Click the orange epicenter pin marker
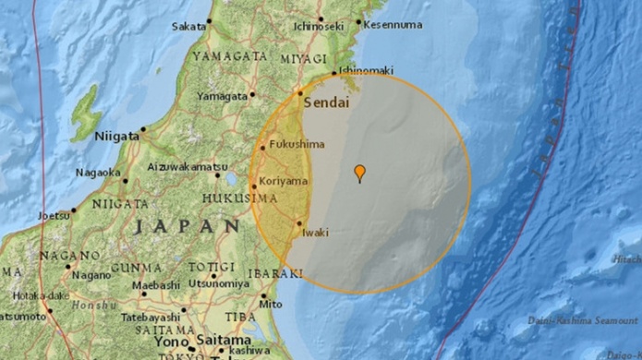[x=359, y=172]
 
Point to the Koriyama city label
[x=285, y=181]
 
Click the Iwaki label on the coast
[x=315, y=233]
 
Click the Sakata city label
[x=188, y=26]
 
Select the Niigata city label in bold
[x=116, y=136]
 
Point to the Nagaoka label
[x=97, y=172]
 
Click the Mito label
[x=271, y=303]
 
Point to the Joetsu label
[x=52, y=216]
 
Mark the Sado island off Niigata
[x=86, y=114]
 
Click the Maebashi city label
[x=155, y=285]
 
